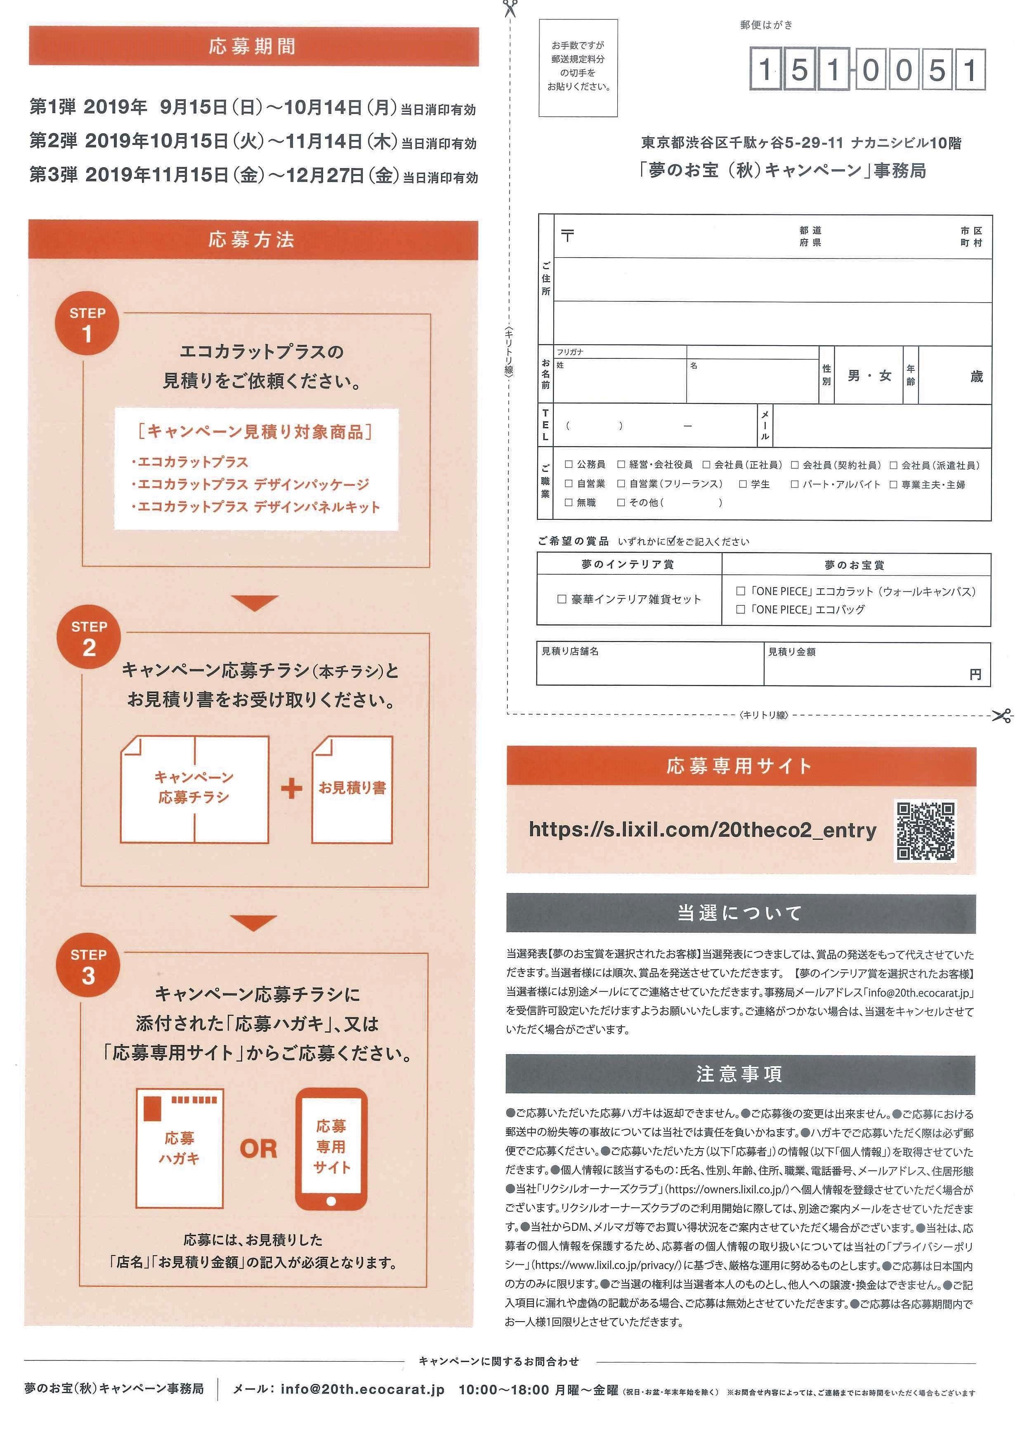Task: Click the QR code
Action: coord(925,831)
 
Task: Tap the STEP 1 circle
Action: coord(87,325)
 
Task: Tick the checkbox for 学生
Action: coord(743,483)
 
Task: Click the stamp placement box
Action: coord(578,68)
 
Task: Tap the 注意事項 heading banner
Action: coord(740,1074)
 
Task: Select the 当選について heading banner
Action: coord(740,913)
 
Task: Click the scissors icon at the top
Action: coord(510,9)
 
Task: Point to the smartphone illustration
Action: coord(331,1149)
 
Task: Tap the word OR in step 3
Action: coord(258,1149)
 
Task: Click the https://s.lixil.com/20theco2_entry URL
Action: coord(703,830)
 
